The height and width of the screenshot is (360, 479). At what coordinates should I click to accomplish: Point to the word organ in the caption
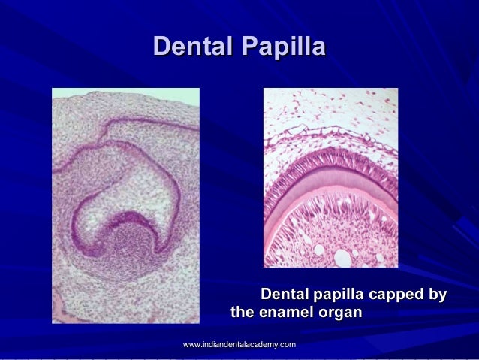342,311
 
